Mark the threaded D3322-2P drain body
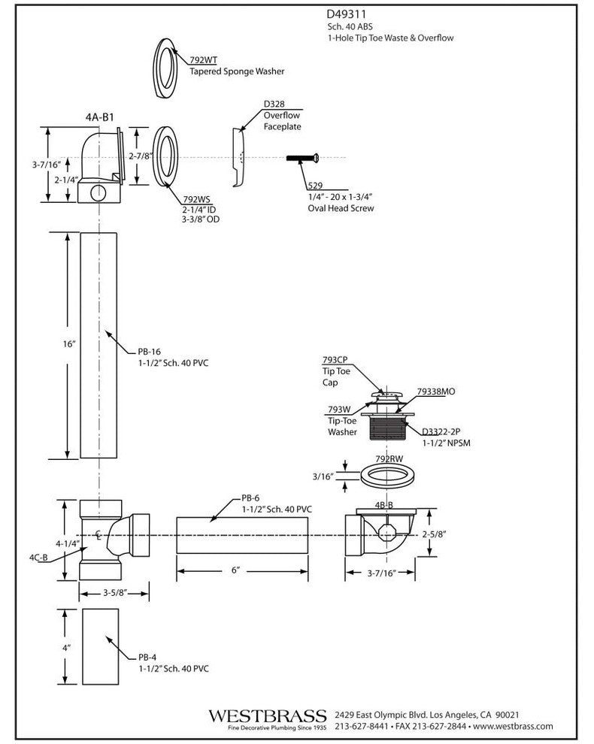click(387, 428)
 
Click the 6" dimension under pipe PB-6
click(235, 571)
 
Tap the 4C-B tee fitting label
click(39, 557)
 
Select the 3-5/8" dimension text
click(117, 593)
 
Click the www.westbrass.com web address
click(516, 727)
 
